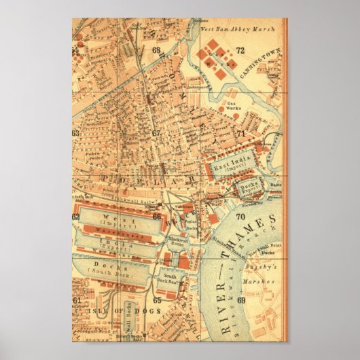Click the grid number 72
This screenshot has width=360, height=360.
(x=240, y=50)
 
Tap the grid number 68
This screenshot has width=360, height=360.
(x=157, y=50)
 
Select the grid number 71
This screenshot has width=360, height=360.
(x=240, y=134)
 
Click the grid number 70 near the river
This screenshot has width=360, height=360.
(x=240, y=217)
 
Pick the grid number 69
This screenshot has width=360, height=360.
(x=241, y=300)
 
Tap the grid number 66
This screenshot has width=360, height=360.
(x=157, y=217)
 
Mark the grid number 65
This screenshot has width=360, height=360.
(x=157, y=300)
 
